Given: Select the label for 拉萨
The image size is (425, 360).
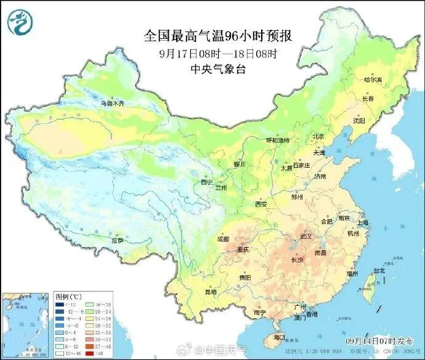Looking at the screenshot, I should click(117, 240).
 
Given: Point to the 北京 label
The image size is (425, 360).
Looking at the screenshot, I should click(318, 136).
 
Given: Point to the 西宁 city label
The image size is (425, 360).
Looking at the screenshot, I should click(207, 182).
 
